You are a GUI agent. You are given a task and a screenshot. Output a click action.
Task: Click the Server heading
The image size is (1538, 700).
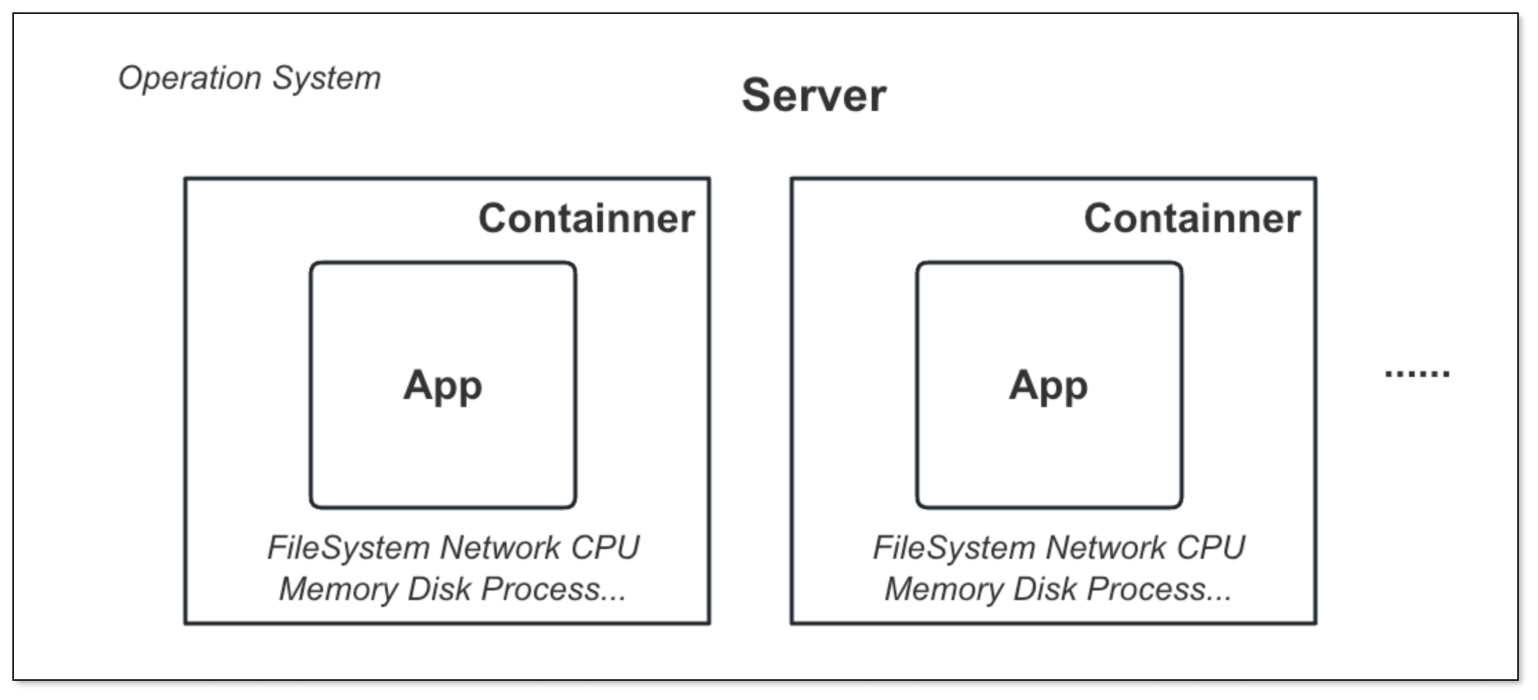coord(814,95)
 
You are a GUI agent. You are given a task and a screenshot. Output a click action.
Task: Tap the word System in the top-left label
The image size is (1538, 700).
coord(326,78)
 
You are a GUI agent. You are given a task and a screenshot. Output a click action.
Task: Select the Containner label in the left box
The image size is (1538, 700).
coord(586,218)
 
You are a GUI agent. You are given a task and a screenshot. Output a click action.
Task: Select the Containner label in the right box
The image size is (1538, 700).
coord(1192,218)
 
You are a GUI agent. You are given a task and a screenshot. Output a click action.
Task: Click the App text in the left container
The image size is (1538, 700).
coord(442,385)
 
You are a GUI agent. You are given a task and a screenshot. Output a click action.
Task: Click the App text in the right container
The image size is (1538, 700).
coord(1048,385)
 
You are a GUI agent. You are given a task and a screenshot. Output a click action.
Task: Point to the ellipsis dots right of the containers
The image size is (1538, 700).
coord(1417,373)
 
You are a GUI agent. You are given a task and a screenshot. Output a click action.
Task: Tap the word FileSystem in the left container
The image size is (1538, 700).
coord(348,548)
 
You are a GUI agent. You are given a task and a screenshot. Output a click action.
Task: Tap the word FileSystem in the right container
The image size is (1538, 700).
coord(954,548)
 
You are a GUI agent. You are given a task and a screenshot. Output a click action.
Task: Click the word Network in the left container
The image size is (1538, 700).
coord(500,548)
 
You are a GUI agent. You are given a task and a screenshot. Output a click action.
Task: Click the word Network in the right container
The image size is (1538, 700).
coord(1105,548)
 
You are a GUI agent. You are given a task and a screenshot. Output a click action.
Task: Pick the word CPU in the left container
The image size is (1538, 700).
coord(605,548)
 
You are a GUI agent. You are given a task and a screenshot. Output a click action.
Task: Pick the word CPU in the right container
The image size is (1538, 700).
coord(1211,548)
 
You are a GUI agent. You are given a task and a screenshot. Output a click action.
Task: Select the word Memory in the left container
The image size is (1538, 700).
coord(338,589)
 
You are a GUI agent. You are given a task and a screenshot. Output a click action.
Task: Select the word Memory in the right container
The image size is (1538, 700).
coord(944,589)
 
